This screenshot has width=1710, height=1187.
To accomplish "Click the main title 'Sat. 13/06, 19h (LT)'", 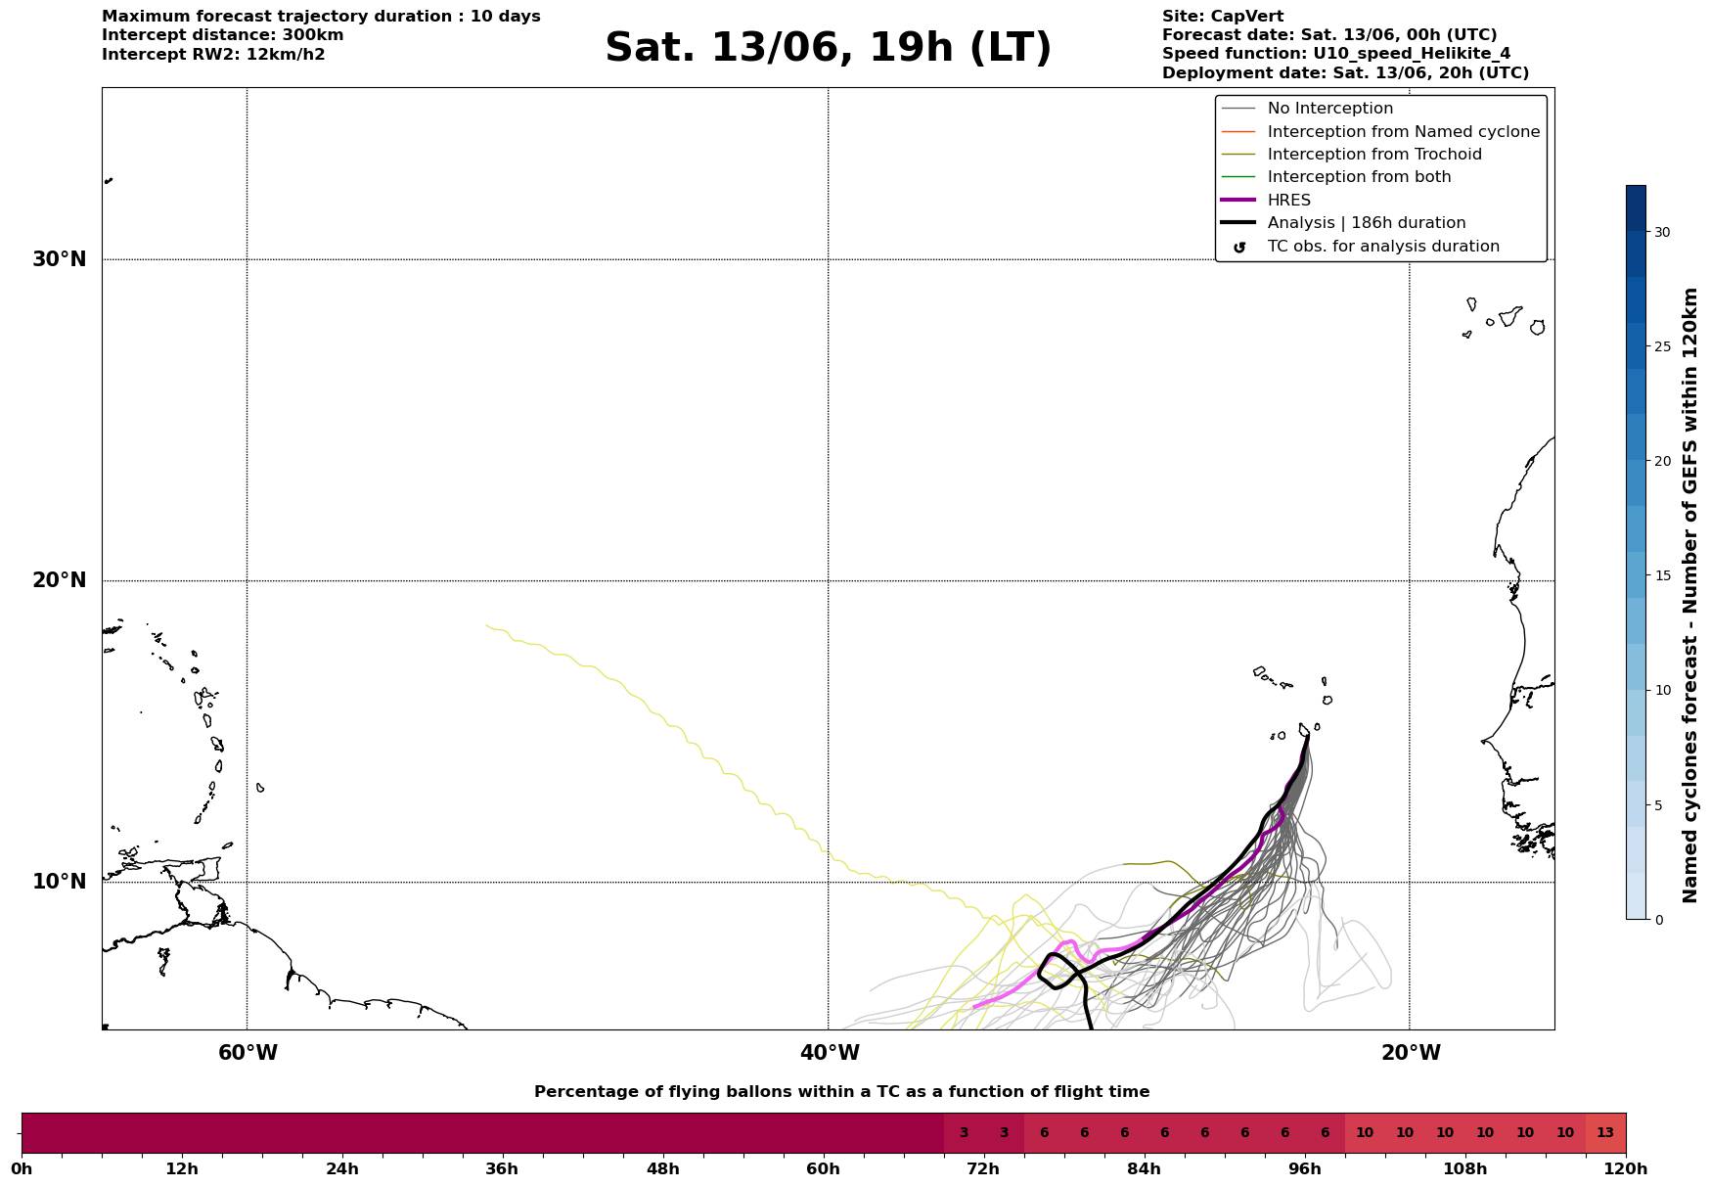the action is click(x=828, y=48).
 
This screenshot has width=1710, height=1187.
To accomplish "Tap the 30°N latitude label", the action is click(x=59, y=259).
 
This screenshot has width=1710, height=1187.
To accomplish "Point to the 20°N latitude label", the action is click(x=59, y=580).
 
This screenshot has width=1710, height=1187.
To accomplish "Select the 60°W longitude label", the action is click(x=247, y=1053).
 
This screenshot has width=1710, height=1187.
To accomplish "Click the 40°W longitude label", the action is click(x=830, y=1053).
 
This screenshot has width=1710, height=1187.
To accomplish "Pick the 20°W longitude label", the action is click(x=1411, y=1053).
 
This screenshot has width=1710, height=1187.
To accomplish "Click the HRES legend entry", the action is click(x=1266, y=201).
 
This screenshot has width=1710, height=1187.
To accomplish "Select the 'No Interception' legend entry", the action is click(x=1307, y=109).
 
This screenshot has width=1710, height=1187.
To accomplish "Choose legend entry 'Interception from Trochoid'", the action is click(x=1351, y=155).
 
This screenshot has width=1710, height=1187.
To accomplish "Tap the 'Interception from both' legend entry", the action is click(x=1336, y=177).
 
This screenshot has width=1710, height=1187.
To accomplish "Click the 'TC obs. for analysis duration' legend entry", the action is click(x=1360, y=247).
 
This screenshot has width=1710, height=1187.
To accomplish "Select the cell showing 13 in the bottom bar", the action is click(x=1605, y=1133).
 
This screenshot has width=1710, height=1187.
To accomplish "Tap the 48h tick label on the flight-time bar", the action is click(x=662, y=1169).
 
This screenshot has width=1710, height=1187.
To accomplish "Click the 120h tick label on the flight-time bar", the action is click(x=1626, y=1169).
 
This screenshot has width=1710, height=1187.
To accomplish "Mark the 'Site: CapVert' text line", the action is click(x=1223, y=17).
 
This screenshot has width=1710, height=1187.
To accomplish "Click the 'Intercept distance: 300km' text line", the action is click(x=223, y=35).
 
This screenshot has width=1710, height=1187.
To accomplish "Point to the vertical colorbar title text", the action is click(x=1689, y=595).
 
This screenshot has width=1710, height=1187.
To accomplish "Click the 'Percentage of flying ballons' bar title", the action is click(x=841, y=1092).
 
